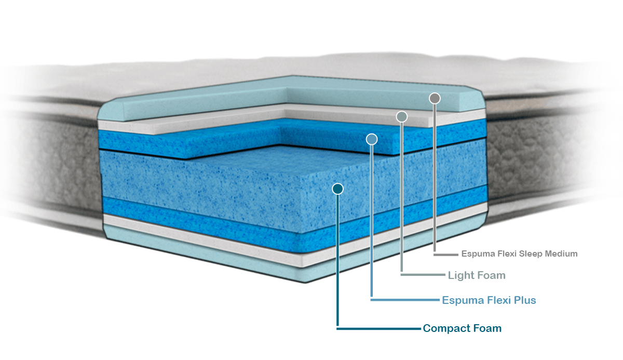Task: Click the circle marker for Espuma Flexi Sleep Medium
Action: (435, 98)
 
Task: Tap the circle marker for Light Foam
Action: (401, 117)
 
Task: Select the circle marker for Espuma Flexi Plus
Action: (372, 139)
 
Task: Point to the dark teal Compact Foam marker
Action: (338, 189)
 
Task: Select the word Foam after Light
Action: (492, 275)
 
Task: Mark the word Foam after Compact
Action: (487, 328)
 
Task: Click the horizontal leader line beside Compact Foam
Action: (378, 328)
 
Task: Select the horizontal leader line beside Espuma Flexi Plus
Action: (405, 300)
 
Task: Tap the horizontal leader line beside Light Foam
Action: (423, 274)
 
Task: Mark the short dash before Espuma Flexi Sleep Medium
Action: (445, 255)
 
